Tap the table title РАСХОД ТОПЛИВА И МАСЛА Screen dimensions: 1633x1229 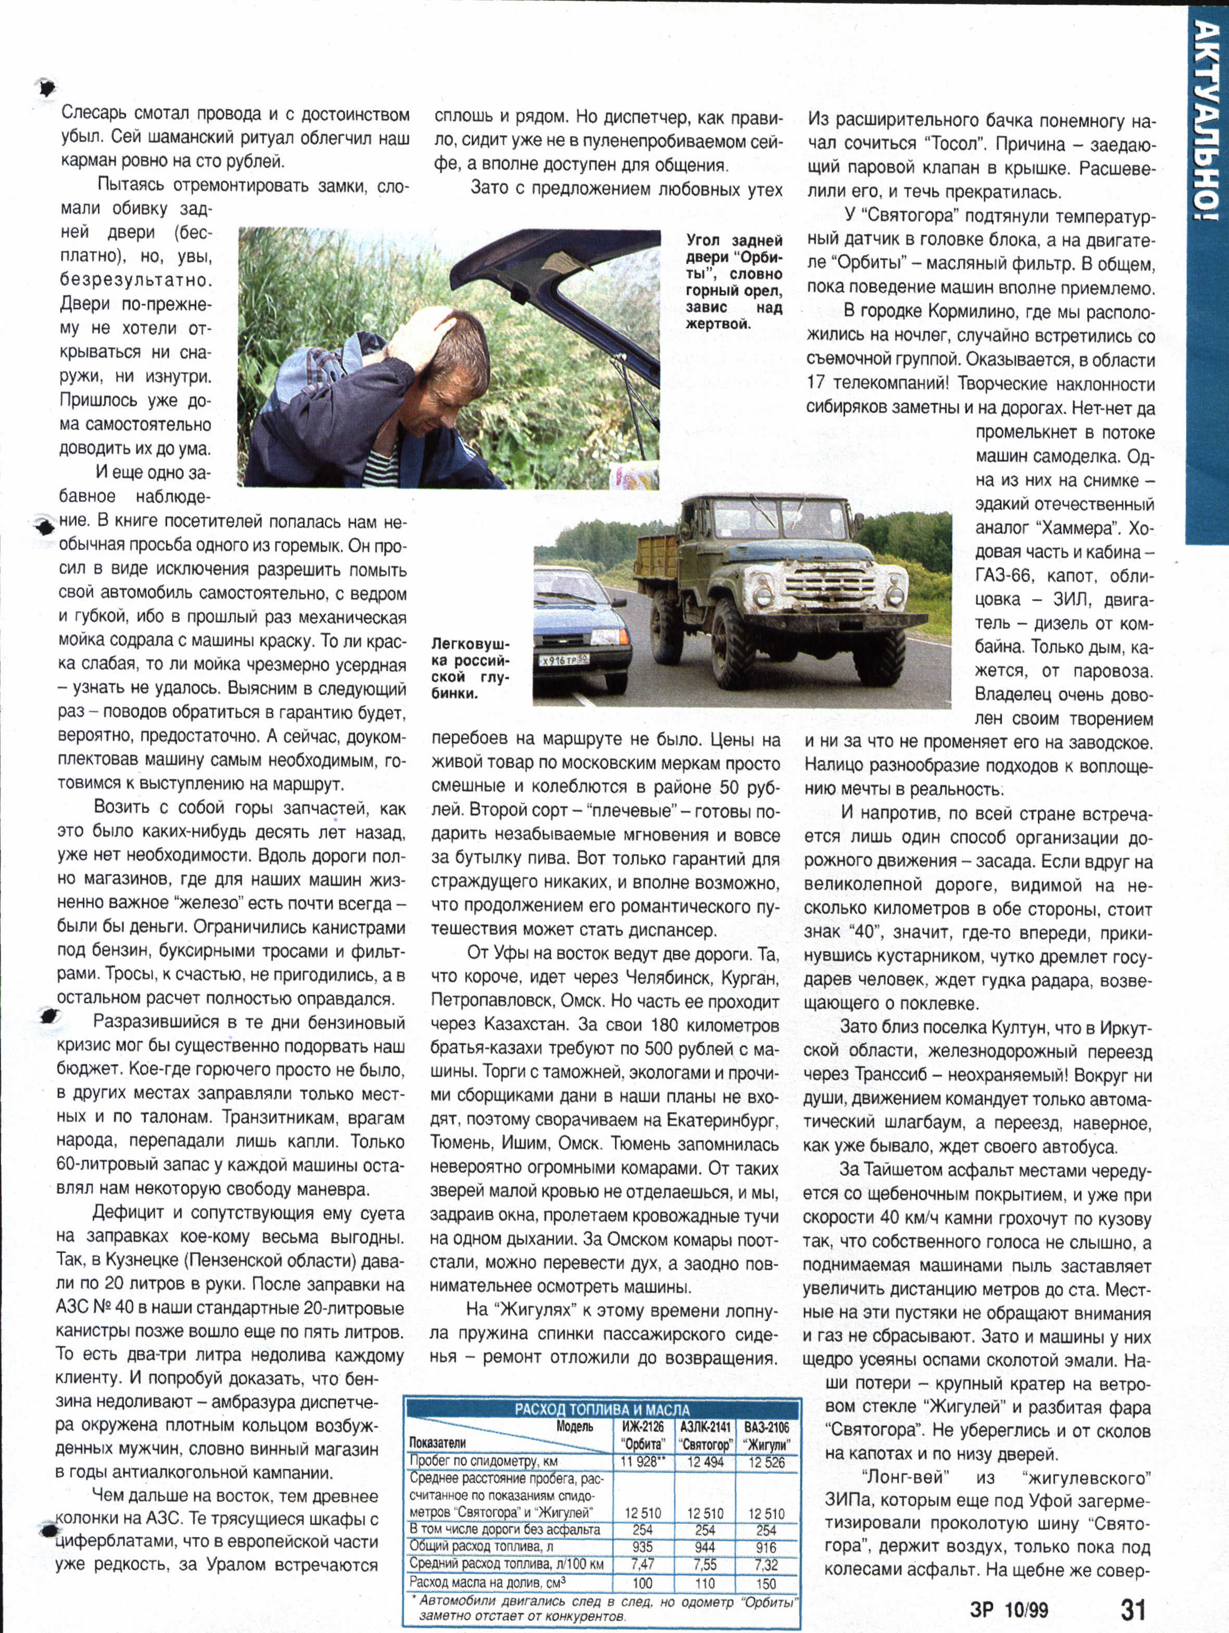(601, 1409)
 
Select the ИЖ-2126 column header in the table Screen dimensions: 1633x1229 (642, 1434)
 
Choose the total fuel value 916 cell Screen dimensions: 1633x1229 (766, 1547)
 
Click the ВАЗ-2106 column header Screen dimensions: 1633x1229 (766, 1434)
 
